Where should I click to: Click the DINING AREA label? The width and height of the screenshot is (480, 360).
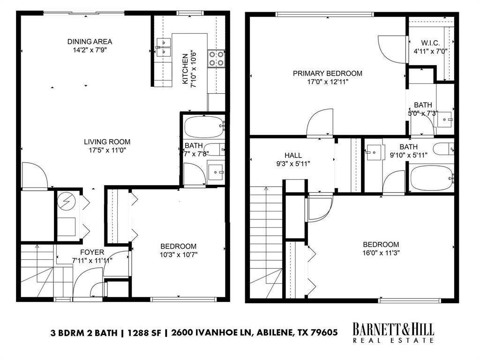tap(90, 42)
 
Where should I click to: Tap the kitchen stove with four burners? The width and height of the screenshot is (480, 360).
tap(216, 58)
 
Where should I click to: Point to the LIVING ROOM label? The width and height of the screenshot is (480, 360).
tap(107, 142)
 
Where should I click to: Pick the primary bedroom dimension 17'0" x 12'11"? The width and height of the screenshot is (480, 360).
tap(328, 82)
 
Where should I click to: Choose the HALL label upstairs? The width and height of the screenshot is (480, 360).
tap(293, 156)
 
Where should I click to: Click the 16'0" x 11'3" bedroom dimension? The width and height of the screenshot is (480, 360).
tap(381, 253)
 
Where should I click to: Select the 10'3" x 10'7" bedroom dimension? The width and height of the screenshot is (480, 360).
tap(178, 255)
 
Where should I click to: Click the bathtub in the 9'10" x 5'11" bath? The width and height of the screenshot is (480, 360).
tap(431, 179)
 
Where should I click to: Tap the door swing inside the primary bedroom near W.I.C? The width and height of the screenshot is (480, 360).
tap(390, 47)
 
